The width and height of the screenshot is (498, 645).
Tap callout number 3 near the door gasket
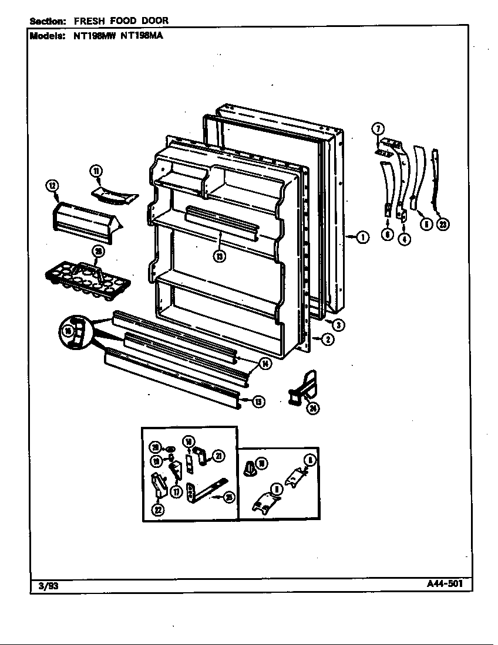coord(339,325)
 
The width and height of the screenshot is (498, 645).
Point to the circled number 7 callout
coord(379,128)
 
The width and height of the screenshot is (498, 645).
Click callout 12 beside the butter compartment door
coord(53,187)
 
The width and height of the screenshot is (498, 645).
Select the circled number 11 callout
coord(96,171)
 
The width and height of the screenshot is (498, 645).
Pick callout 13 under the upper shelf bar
coord(220,256)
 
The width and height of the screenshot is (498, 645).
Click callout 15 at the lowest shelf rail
coord(258,402)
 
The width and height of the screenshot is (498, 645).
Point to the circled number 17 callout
coord(176,492)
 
